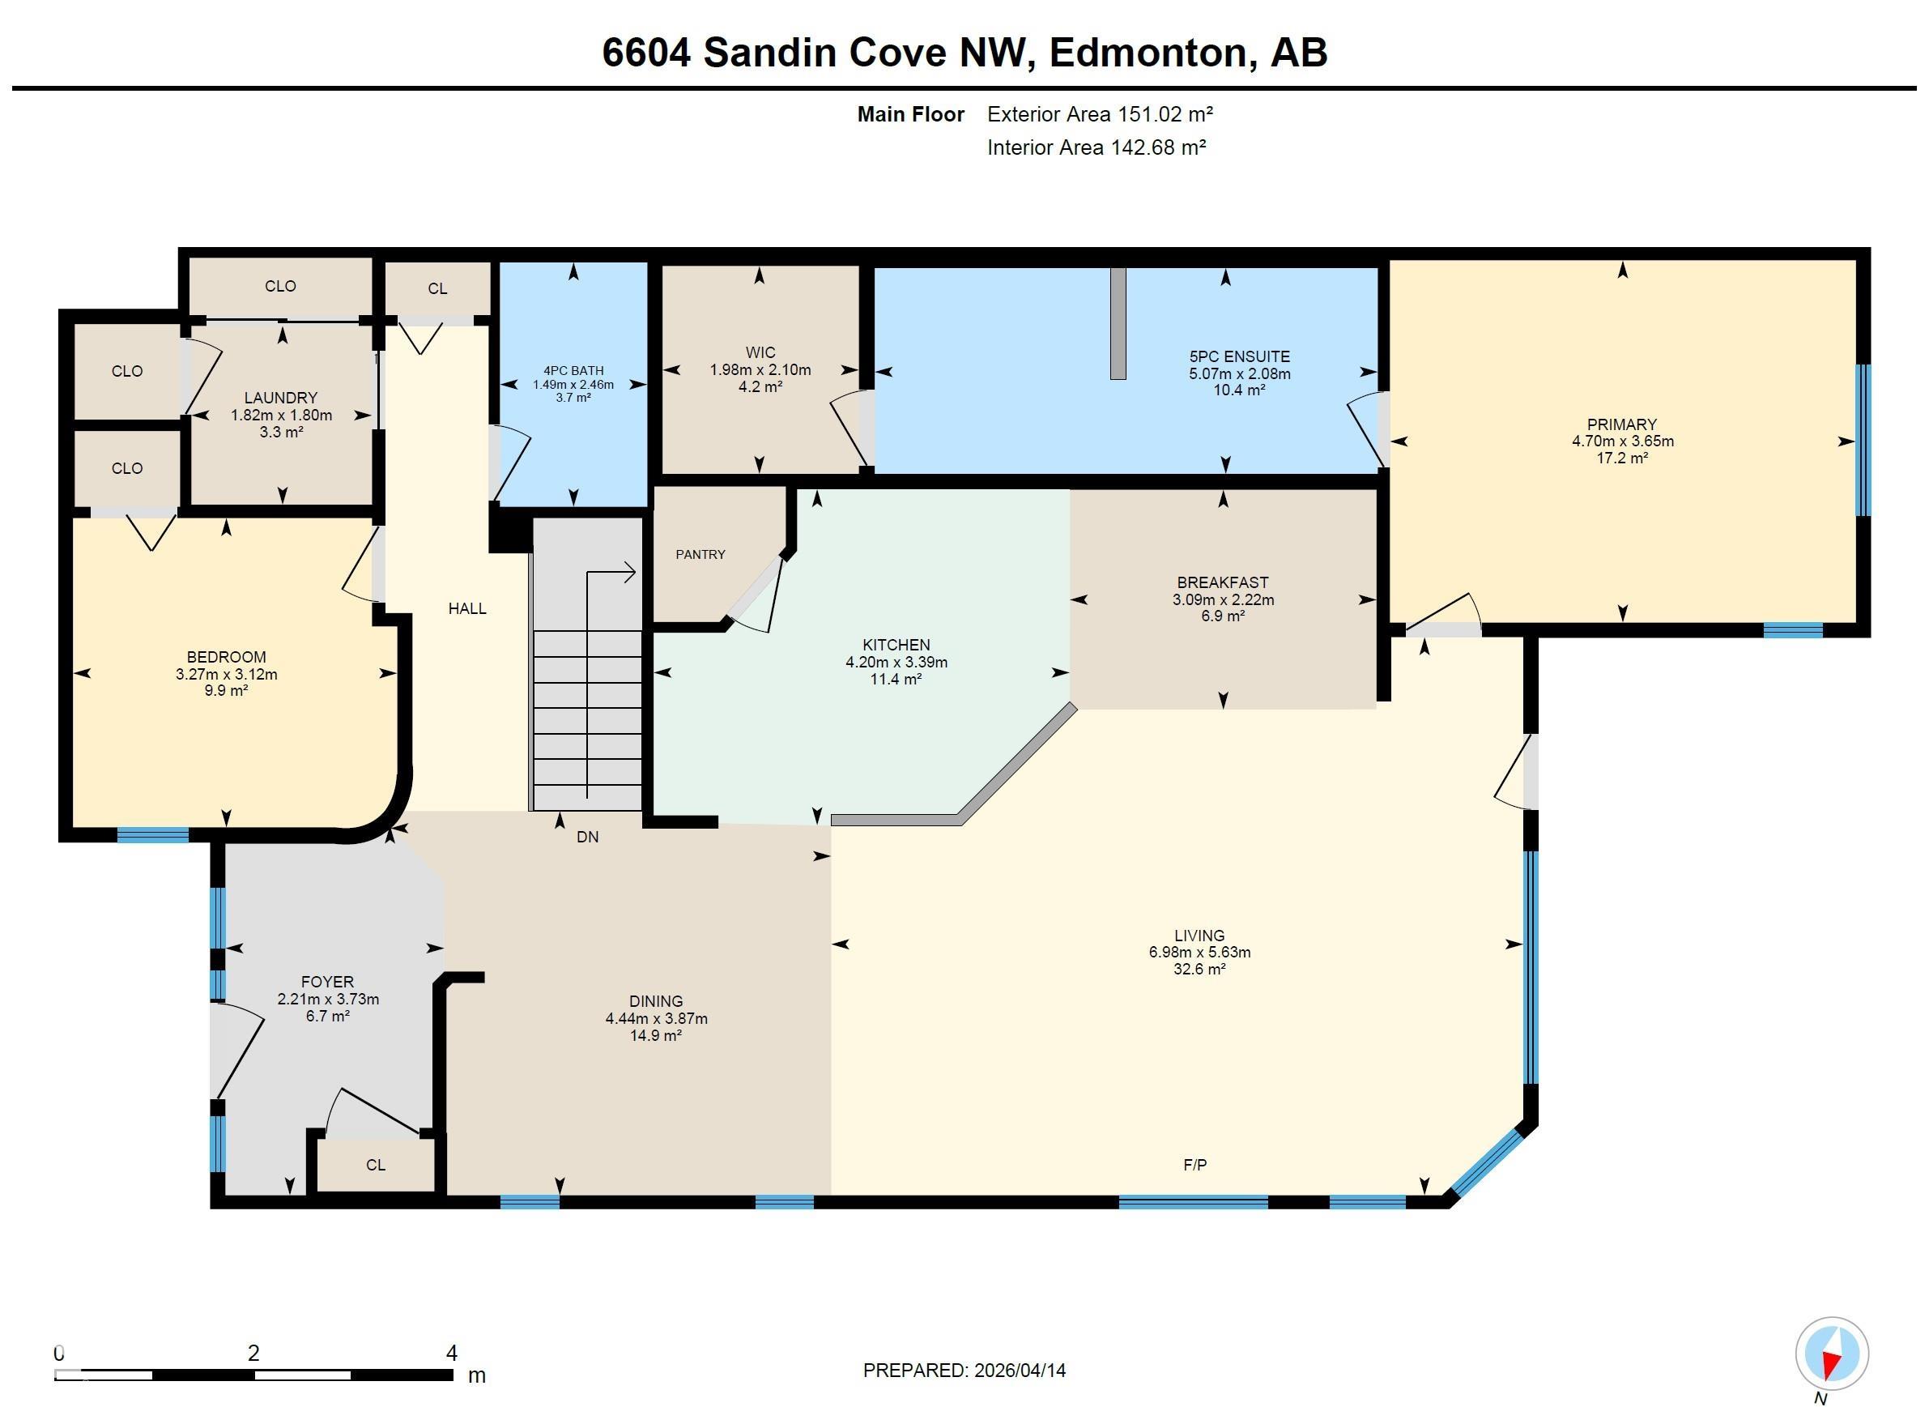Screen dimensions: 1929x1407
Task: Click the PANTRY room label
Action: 700,554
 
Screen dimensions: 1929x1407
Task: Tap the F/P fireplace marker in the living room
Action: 1195,1164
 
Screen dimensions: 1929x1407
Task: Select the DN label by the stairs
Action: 587,838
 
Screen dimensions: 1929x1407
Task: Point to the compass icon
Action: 1831,1354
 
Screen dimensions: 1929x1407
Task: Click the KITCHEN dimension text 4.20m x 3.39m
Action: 896,662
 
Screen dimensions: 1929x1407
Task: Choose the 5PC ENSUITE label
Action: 1240,357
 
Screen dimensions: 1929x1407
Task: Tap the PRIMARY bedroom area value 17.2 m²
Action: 1623,458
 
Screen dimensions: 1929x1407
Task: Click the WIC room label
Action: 760,352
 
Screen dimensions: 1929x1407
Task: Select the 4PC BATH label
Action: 574,370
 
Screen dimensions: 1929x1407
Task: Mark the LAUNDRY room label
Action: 281,398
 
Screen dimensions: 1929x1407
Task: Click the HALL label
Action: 467,608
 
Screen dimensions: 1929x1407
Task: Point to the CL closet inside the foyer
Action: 376,1165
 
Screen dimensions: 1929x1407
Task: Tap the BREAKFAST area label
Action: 1224,582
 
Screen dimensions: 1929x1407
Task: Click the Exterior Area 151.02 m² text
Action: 1100,114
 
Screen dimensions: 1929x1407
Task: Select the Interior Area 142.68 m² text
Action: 1097,147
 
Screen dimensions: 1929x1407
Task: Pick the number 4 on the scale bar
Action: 451,1353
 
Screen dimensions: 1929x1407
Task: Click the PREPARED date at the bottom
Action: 964,1371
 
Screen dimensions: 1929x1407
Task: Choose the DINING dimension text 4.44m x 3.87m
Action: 656,1019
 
